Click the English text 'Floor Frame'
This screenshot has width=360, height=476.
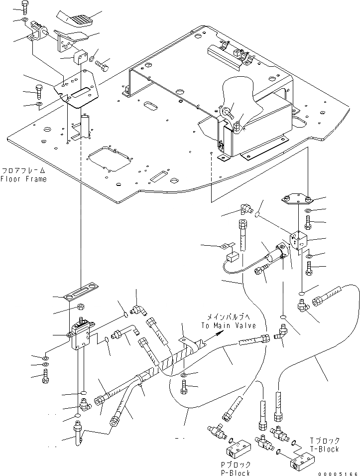coord(23,179)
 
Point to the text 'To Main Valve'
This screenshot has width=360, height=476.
coord(229,325)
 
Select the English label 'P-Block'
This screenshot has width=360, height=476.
coord(235,473)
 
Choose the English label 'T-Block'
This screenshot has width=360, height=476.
coord(323,449)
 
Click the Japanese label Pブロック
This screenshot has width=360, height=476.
coord(235,464)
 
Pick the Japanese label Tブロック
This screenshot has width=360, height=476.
coord(324,441)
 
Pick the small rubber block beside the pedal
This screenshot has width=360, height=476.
coord(80,58)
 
